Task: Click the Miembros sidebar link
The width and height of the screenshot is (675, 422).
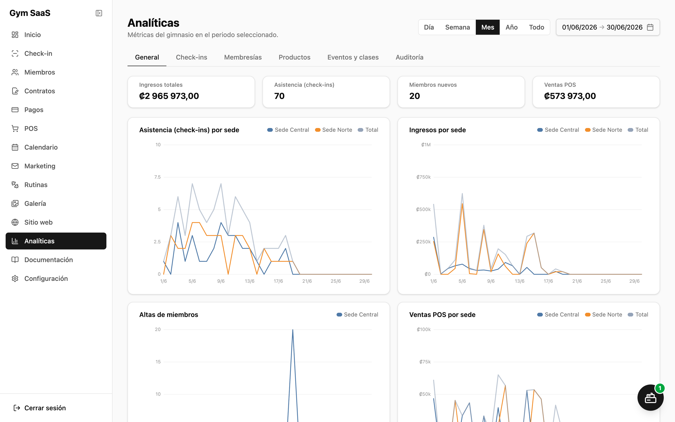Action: (x=39, y=72)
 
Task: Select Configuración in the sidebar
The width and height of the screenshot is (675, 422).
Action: (x=46, y=278)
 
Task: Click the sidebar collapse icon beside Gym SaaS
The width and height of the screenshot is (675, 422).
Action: (x=99, y=13)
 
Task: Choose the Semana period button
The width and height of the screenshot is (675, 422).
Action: (x=457, y=27)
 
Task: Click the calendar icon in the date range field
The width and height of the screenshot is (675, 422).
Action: (x=650, y=27)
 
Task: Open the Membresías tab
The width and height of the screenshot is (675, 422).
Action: (x=243, y=57)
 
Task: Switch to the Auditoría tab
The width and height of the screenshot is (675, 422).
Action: (x=409, y=57)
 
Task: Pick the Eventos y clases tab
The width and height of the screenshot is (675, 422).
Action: (x=353, y=57)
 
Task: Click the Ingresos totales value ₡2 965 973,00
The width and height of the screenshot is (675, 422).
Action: (x=169, y=96)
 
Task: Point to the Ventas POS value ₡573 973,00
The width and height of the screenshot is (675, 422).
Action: (x=570, y=96)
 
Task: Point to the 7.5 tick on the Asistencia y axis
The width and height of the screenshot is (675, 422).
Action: (x=157, y=177)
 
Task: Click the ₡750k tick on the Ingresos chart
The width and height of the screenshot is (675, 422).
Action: (x=424, y=177)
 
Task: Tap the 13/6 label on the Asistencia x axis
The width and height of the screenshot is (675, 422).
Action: (x=250, y=281)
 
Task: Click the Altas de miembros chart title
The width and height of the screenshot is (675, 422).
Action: (x=169, y=315)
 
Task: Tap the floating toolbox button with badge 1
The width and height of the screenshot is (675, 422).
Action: (x=650, y=398)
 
